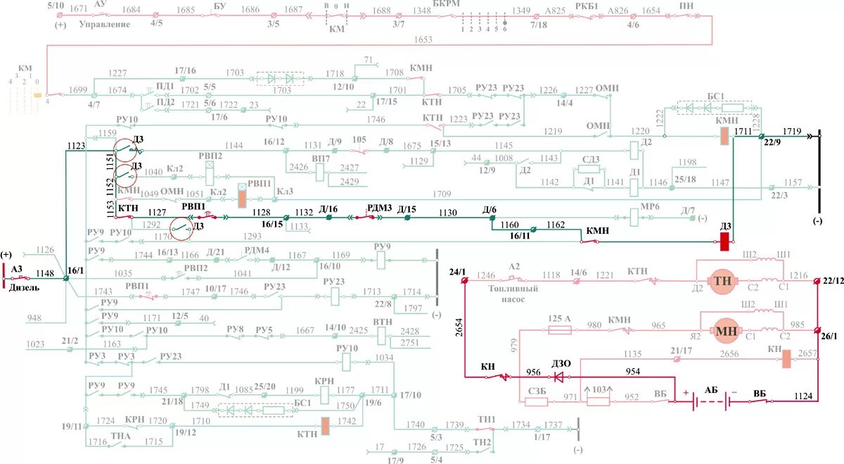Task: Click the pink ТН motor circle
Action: point(722,280)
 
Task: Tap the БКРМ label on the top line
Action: point(447,5)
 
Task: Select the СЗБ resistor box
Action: point(537,401)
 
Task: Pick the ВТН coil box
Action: point(382,335)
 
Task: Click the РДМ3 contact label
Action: point(379,207)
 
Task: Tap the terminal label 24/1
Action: point(457,271)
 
